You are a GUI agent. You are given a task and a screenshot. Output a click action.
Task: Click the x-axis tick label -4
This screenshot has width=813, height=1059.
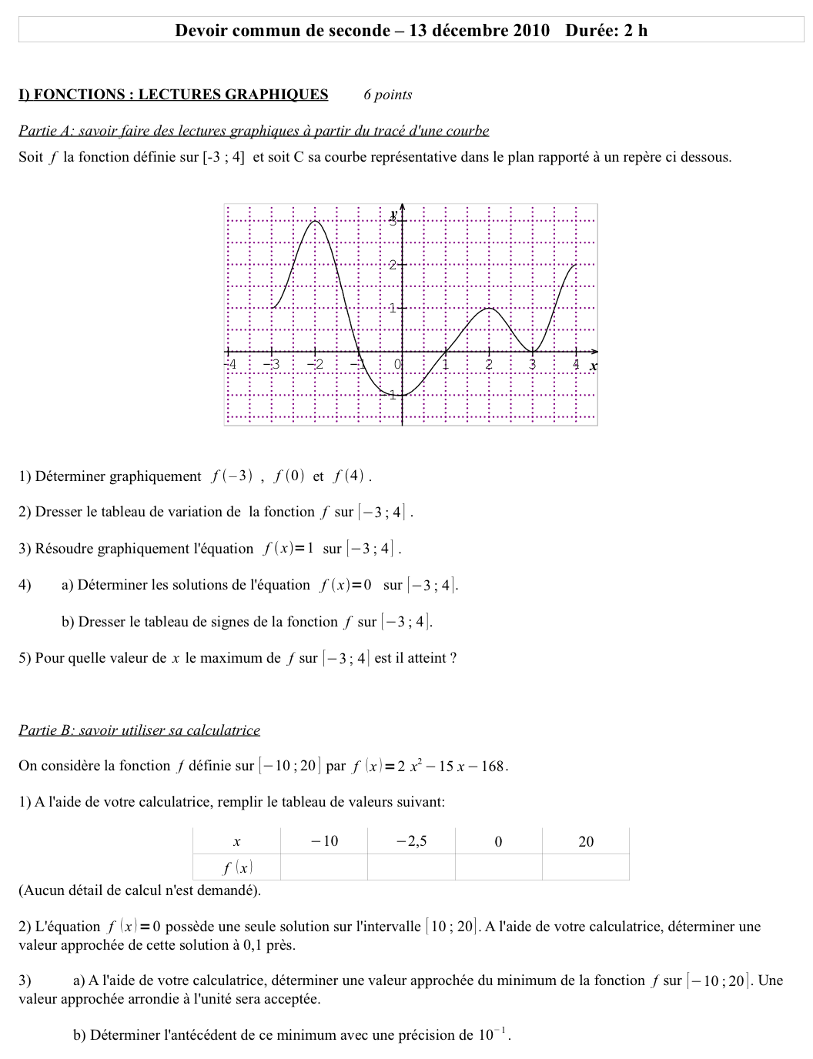(229, 364)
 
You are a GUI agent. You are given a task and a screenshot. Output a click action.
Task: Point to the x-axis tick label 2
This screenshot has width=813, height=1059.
(489, 364)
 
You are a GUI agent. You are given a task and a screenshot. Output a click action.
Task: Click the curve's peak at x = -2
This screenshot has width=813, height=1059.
(316, 222)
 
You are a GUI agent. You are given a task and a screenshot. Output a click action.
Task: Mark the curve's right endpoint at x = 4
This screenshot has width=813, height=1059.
(575, 266)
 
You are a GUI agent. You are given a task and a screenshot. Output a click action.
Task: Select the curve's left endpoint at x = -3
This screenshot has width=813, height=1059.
(273, 308)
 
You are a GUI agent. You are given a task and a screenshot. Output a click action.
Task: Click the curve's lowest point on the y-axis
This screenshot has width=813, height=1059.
(402, 395)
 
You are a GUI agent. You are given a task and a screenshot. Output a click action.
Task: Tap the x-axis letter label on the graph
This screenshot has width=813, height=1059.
(593, 366)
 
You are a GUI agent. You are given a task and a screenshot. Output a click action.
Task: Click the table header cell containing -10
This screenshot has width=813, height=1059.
(324, 841)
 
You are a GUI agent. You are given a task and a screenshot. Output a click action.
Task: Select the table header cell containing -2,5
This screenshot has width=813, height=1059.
(411, 841)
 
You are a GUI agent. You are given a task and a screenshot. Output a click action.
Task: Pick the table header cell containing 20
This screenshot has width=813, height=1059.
(585, 841)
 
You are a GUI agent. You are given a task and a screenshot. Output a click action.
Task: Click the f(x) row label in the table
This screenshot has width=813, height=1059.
(237, 867)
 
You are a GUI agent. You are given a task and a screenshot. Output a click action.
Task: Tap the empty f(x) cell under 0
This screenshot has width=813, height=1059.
(498, 867)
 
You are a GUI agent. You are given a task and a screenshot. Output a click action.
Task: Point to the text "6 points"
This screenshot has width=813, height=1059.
(387, 95)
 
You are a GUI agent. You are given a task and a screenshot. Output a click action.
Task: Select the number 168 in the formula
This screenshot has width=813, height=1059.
(491, 767)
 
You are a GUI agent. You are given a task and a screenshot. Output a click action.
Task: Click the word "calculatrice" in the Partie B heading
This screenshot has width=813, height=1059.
(223, 730)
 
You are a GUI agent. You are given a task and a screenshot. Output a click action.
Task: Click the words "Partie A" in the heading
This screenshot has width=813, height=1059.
(45, 131)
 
